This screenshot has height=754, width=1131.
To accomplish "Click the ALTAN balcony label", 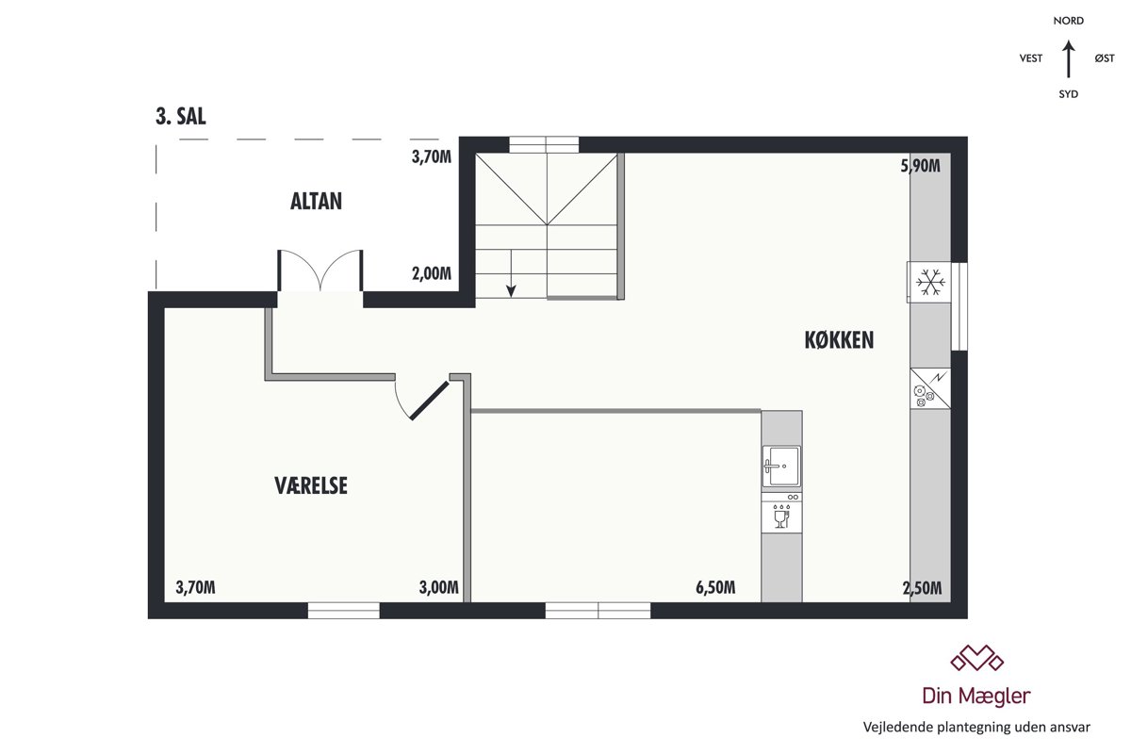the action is coord(316,202).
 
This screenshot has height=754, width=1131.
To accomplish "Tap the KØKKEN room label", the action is coord(839,340).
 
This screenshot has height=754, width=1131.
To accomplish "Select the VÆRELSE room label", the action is coord(311,485).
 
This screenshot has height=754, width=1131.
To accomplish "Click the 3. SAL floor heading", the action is coord(181,117).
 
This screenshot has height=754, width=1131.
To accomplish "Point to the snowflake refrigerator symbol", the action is coord(930,283).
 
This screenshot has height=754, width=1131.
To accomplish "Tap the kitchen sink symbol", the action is coord(781,467).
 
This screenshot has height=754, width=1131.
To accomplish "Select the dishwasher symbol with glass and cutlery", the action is coord(781,513).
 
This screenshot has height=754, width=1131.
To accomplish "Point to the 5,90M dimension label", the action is coord(921,166).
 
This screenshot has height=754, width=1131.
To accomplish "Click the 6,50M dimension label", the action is coord(715,587).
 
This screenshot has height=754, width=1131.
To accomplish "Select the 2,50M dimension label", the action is coord(922,588).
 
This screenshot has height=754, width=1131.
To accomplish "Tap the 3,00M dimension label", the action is coord(439,587).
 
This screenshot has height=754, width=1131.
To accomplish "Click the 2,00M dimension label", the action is coord(432,273).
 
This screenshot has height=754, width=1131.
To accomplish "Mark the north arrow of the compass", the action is coord(1068,59).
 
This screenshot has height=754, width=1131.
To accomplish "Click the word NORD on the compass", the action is coord(1069,21).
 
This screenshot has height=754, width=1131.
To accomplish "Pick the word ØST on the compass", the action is coord(1105,58).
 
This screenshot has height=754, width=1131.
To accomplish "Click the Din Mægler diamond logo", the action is coord(977,658).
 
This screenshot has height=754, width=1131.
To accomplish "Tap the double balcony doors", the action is coord(320,270).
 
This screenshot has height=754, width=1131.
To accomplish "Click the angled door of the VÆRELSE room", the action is coord(429,401).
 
